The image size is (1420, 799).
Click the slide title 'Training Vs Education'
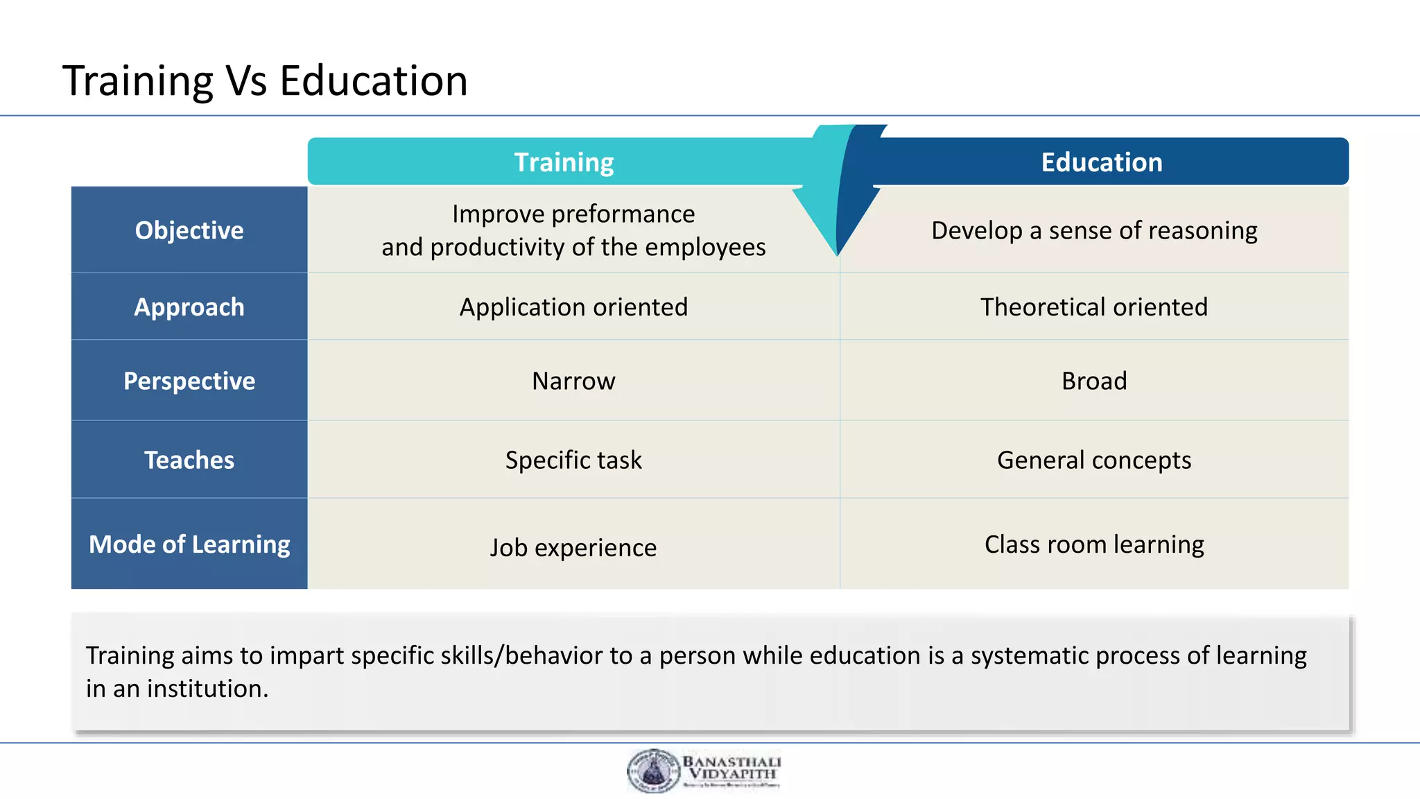tap(265, 80)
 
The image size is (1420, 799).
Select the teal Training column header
tap(563, 162)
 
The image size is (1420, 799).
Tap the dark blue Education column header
tap(1101, 162)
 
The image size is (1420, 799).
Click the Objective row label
tap(189, 230)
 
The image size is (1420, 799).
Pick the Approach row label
tap(189, 307)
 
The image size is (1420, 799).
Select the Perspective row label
tap(189, 381)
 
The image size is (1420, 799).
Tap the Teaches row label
tap(189, 460)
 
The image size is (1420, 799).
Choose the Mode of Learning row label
tap(189, 544)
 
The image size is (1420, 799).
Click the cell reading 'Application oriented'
tap(573, 307)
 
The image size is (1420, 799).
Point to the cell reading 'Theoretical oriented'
tap(1093, 307)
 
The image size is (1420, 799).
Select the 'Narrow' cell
tap(573, 381)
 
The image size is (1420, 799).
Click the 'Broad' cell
tap(1093, 381)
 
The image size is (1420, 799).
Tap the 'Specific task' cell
tap(573, 460)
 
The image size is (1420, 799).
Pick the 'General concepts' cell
tap(1093, 460)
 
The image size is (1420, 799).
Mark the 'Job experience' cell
tap(573, 547)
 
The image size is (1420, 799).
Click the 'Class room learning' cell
tap(1093, 544)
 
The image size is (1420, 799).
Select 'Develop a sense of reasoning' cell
tap(1093, 230)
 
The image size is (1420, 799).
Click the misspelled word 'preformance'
tap(623, 214)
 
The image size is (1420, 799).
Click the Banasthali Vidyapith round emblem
tap(653, 771)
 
